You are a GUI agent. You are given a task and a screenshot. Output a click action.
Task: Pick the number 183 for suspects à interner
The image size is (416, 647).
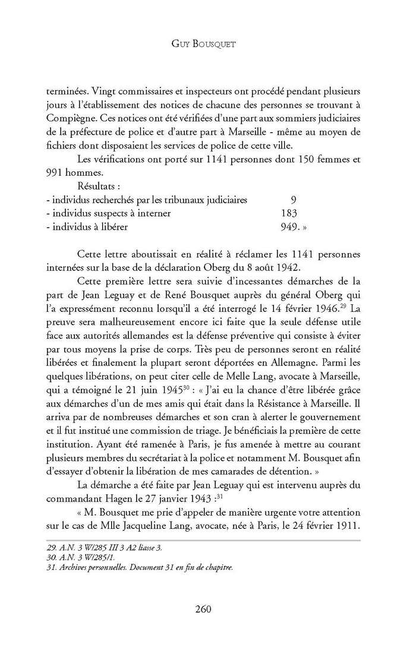pyautogui.click(x=288, y=212)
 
